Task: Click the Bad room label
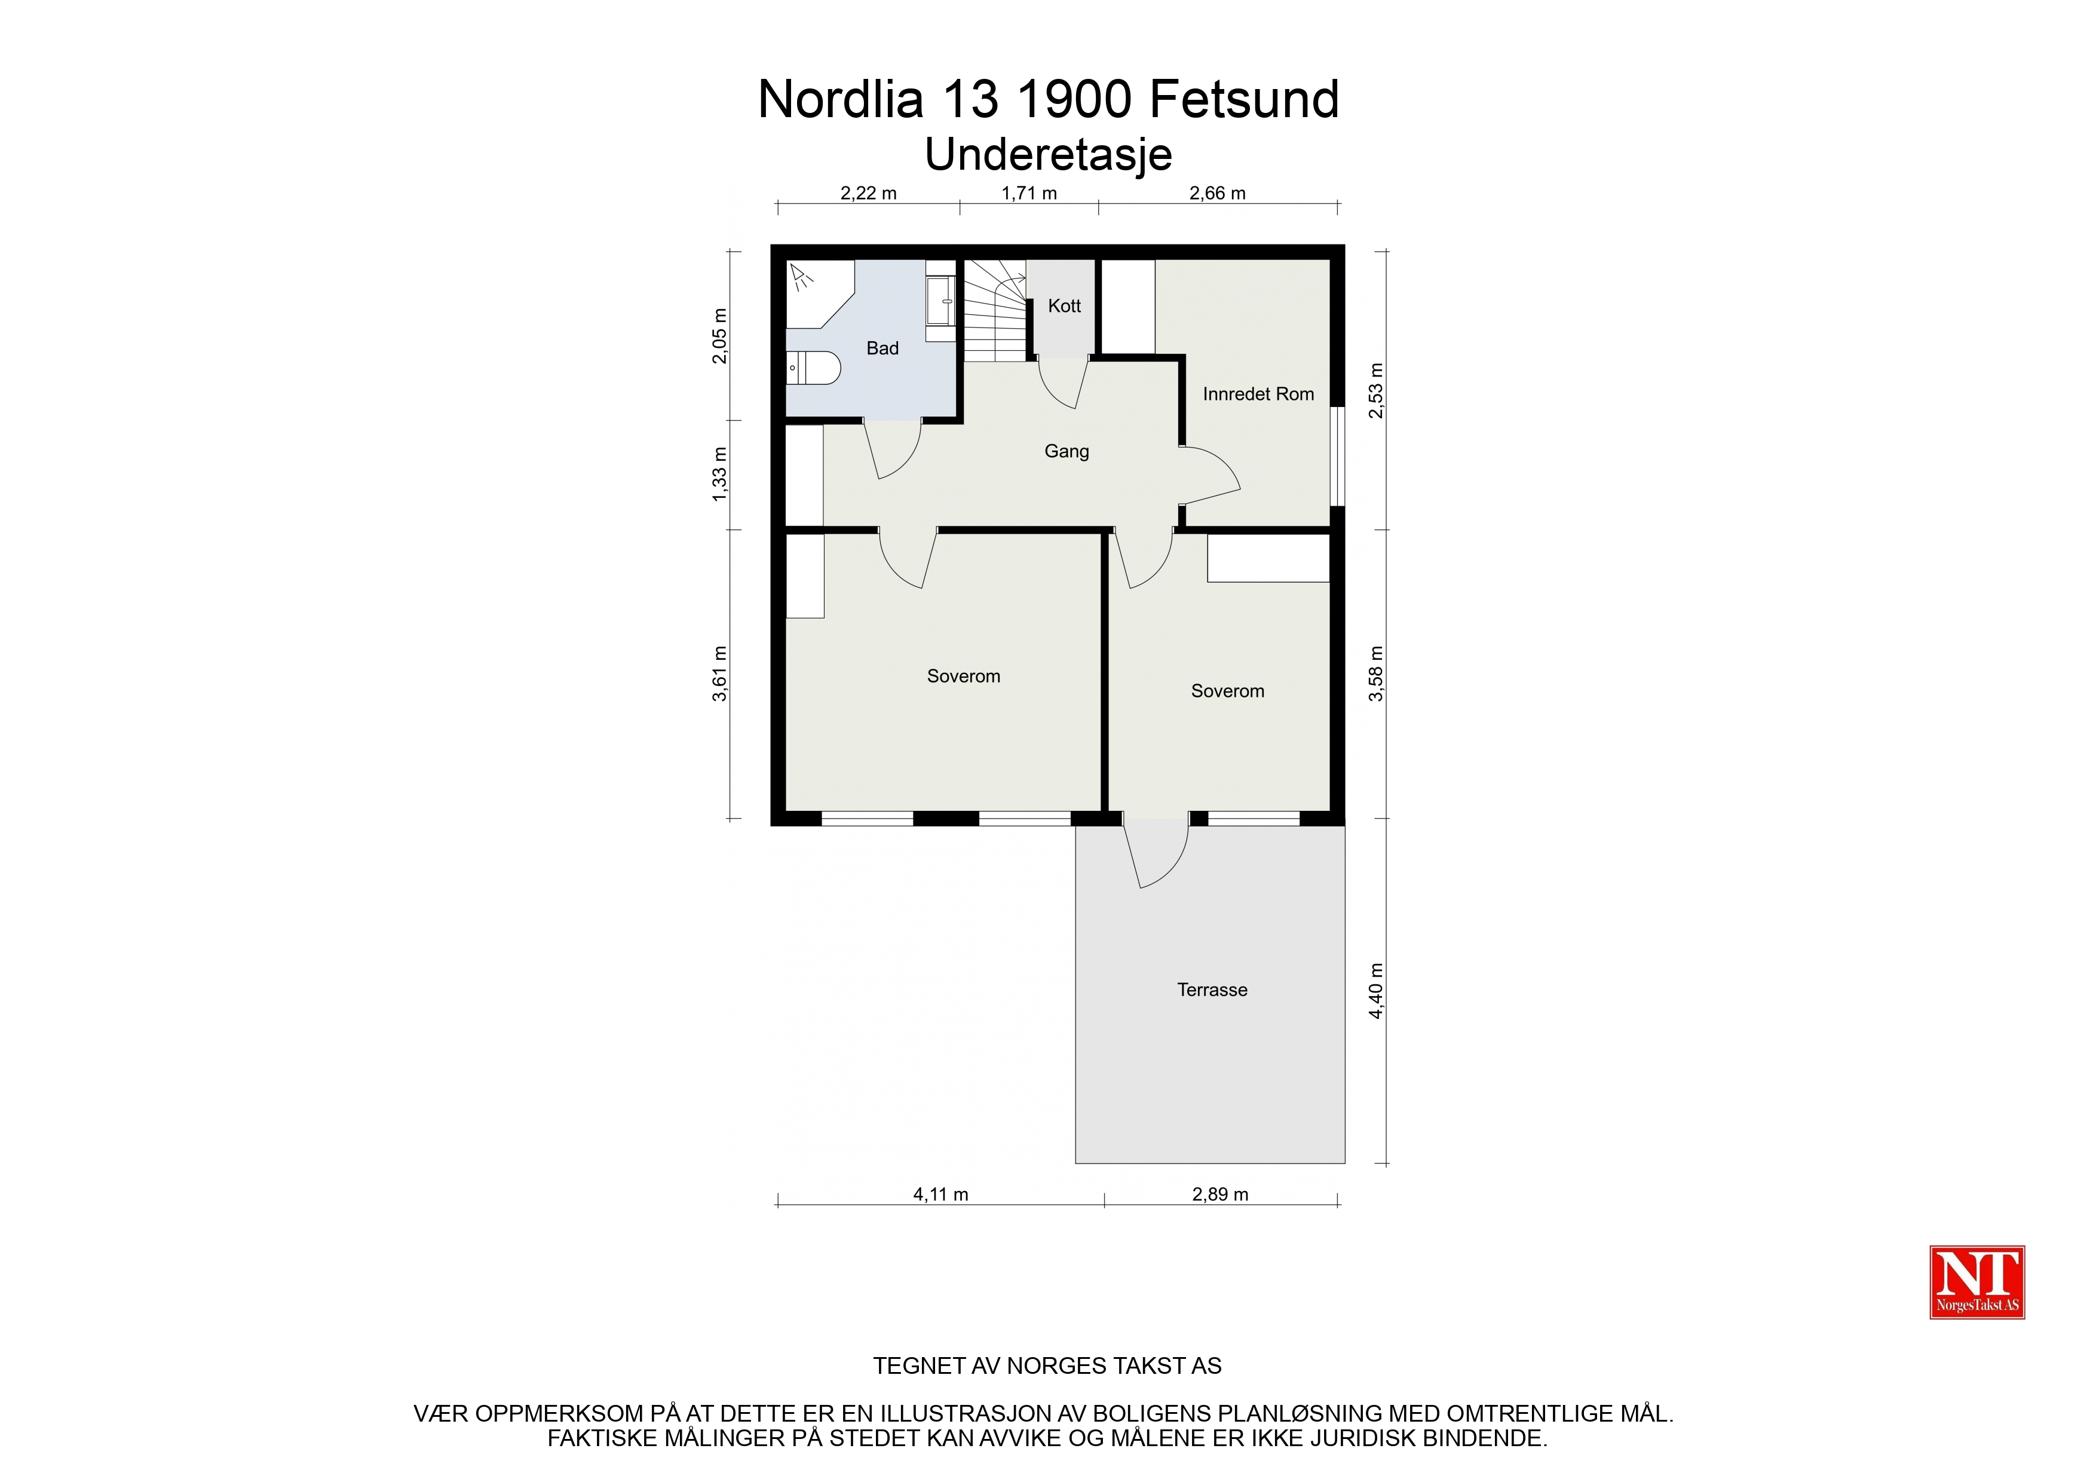[882, 348]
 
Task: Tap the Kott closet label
[1065, 306]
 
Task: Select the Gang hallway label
[1067, 451]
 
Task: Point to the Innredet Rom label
[1258, 394]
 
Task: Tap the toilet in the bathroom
[813, 368]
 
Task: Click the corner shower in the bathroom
[820, 294]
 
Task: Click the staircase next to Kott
[997, 311]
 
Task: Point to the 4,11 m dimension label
[940, 1195]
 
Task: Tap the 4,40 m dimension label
[1377, 991]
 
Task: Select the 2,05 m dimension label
[720, 336]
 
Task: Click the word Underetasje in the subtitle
[1048, 154]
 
